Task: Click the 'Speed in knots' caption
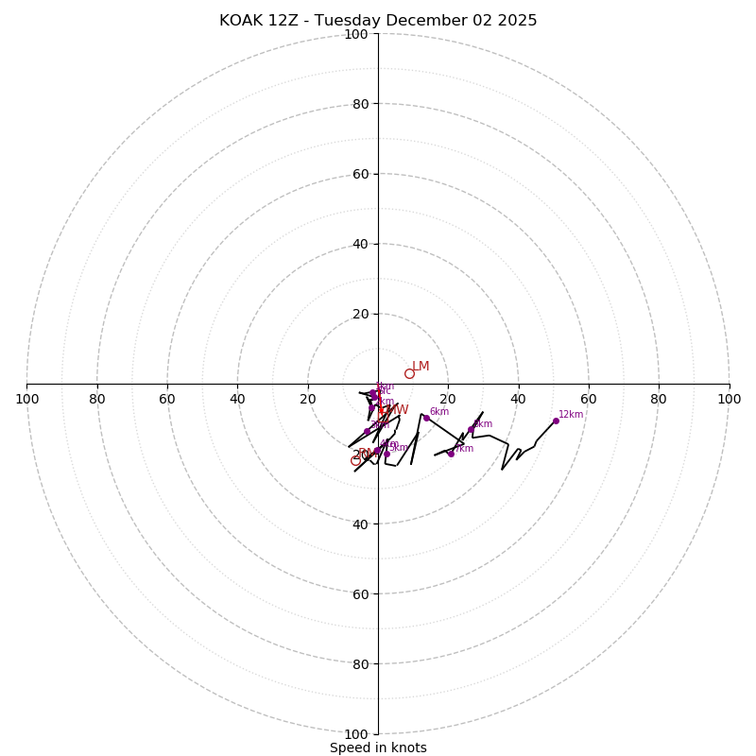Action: (x=378, y=747)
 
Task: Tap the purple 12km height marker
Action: (x=556, y=421)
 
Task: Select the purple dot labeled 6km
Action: (x=426, y=418)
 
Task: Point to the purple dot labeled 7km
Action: (x=451, y=454)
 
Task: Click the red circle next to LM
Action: (x=409, y=373)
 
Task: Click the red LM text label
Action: (x=421, y=366)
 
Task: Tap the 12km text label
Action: (x=571, y=414)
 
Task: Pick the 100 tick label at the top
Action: (x=356, y=34)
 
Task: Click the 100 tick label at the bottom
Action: (x=356, y=734)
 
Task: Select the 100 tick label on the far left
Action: (x=26, y=399)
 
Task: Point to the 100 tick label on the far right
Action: (x=729, y=399)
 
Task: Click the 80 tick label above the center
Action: (x=360, y=104)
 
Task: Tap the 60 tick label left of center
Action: (x=167, y=399)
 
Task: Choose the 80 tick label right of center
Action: (x=659, y=399)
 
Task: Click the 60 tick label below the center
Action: (x=360, y=594)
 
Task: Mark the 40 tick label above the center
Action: (x=360, y=244)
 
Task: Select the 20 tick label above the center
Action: (x=360, y=314)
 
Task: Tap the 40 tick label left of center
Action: (x=237, y=399)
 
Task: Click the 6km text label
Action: (x=439, y=412)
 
